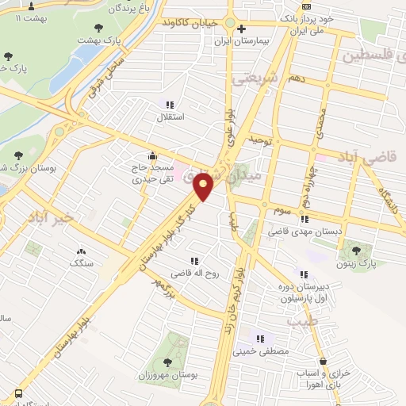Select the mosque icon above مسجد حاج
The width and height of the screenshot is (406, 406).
tap(151, 155)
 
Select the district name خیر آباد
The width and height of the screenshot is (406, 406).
tap(57, 216)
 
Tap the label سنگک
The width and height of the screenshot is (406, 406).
tap(82, 262)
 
